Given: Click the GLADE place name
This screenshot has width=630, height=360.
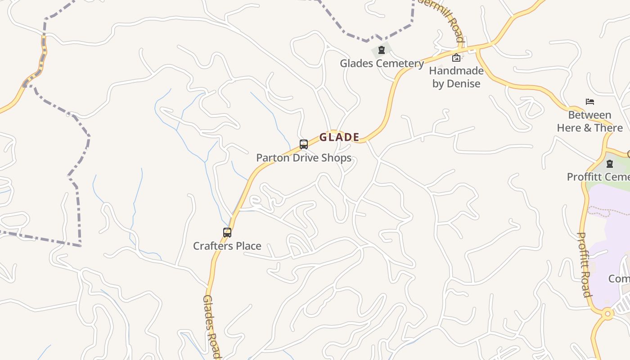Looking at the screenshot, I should (339, 137).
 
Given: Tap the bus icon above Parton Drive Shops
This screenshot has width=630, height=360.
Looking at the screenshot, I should (304, 144).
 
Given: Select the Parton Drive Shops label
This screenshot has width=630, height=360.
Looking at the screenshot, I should (304, 158).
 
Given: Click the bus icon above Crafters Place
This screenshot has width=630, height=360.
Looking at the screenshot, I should (227, 233).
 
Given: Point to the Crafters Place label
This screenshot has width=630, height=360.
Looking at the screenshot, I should (227, 246).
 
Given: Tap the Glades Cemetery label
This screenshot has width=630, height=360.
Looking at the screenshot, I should (382, 63).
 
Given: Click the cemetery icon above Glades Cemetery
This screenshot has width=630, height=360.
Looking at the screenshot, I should (382, 49).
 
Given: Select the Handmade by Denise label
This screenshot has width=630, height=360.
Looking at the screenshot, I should (456, 77).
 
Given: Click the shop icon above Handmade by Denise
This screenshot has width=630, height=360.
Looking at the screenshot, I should (456, 57).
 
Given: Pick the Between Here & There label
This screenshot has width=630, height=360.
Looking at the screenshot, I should (589, 121).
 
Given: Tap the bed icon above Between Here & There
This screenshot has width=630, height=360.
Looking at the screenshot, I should (590, 102).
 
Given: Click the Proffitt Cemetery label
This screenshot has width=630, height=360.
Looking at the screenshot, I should (598, 177).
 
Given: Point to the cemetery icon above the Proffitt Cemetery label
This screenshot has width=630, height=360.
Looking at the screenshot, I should (610, 164).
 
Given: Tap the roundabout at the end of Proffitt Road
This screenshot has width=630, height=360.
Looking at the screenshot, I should (608, 313).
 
